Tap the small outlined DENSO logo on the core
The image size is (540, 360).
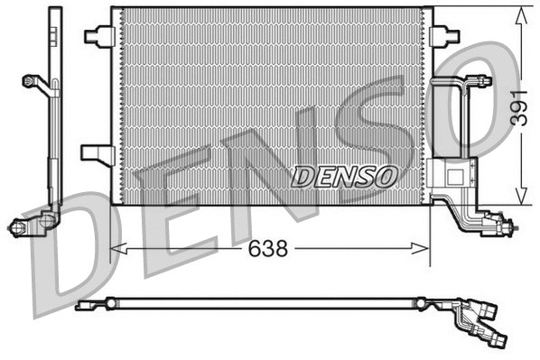point(344,175)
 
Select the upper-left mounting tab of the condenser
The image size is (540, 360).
point(97,35)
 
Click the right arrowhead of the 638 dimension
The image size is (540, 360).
point(424,247)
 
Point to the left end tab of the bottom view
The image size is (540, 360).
point(85,305)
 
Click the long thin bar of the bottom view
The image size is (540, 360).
point(271,304)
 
